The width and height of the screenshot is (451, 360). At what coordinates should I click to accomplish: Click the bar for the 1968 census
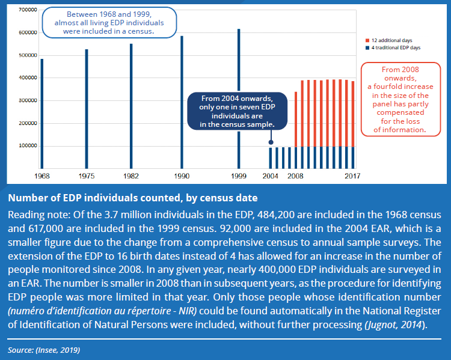tap(42, 114)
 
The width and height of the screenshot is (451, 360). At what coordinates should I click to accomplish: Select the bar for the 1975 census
tap(87, 109)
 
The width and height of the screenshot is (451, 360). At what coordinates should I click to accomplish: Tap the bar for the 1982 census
tap(131, 106)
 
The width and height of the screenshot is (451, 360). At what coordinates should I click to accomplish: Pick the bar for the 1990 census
tap(182, 102)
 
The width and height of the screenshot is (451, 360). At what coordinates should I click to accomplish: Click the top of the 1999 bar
tap(239, 29)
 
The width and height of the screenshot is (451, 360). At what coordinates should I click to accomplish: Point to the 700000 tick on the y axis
tap(28, 10)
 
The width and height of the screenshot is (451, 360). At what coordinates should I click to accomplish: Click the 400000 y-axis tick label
tap(28, 78)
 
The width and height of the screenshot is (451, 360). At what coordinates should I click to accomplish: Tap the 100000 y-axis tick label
tap(28, 146)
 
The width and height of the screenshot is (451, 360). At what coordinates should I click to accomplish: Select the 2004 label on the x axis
tap(271, 176)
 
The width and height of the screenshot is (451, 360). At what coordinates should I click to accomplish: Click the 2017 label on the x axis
tap(352, 176)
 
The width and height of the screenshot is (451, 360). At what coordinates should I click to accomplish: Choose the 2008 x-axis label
tap(295, 176)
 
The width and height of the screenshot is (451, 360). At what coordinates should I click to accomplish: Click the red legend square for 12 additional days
tap(367, 40)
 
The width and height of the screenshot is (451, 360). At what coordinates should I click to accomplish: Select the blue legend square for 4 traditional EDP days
tap(367, 47)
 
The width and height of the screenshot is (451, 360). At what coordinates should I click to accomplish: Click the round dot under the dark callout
tap(271, 142)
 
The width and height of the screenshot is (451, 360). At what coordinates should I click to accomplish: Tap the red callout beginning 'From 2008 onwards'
tap(400, 100)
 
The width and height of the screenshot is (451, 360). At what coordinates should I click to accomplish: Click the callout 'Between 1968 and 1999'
tap(109, 23)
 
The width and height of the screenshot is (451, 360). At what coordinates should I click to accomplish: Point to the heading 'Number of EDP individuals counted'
tap(133, 198)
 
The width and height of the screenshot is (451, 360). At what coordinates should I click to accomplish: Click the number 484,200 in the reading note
tap(277, 215)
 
